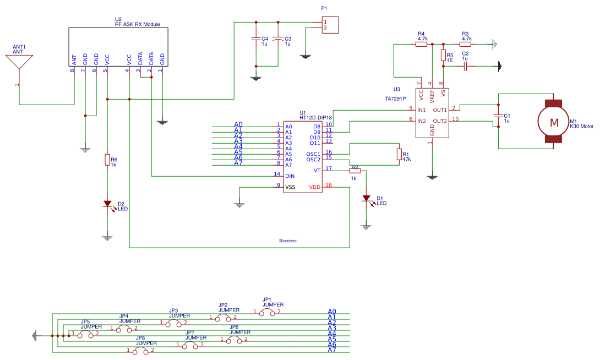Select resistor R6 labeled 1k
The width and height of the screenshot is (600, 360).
click(x=107, y=160)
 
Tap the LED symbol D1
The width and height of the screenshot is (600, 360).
click(x=366, y=198)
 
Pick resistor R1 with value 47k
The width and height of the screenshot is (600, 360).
click(x=399, y=155)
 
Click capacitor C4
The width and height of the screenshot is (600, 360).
click(x=255, y=39)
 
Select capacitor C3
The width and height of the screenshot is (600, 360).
click(x=279, y=39)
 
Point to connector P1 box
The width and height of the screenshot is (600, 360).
click(x=330, y=25)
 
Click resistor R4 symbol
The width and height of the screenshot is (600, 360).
click(x=421, y=44)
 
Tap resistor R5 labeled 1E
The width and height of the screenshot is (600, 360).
click(x=443, y=55)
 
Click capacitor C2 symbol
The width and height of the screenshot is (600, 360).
click(x=465, y=66)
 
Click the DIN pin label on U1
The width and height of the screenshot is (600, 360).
click(x=290, y=176)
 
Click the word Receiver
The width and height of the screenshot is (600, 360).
click(x=288, y=241)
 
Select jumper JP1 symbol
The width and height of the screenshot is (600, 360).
click(x=267, y=312)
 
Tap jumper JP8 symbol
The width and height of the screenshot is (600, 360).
click(x=140, y=350)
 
